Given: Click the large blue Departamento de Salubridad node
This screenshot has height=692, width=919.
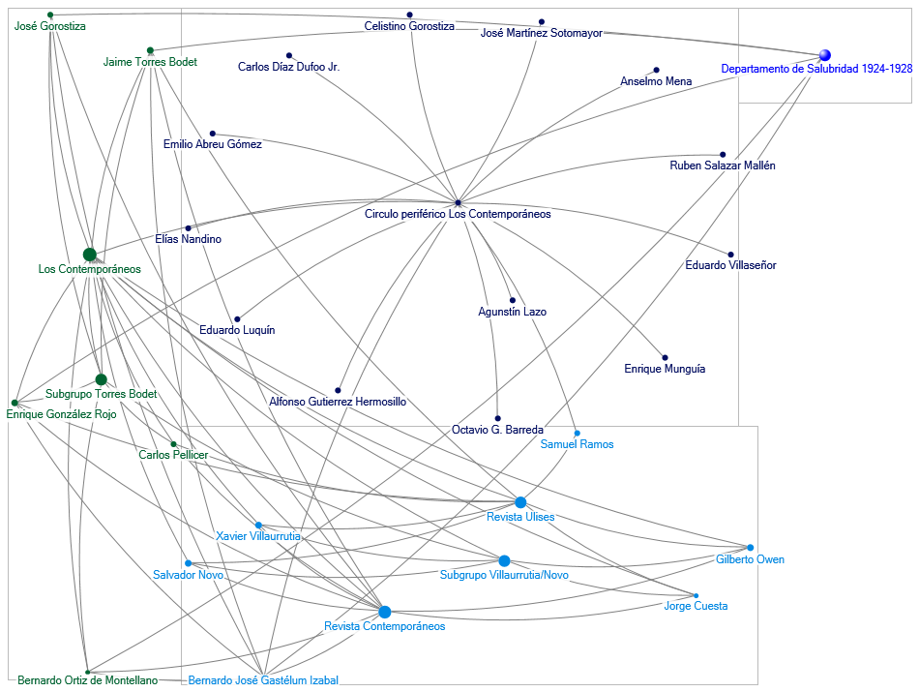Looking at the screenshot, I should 824,55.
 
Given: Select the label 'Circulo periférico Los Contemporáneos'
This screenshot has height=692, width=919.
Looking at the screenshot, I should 458,214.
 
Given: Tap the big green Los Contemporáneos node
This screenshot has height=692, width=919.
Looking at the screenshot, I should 90,255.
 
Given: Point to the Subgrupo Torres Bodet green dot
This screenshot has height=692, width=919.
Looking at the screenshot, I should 101,379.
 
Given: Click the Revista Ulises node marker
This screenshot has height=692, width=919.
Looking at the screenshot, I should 520,502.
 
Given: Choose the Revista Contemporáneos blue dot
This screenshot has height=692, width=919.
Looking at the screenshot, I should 385,612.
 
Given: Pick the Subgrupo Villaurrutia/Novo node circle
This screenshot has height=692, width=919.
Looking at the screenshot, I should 504,560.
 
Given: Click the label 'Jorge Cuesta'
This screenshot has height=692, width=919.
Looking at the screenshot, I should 696,606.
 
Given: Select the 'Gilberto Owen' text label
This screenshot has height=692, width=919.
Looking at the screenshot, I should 750,559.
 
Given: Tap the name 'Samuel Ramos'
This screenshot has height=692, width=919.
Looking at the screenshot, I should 577,444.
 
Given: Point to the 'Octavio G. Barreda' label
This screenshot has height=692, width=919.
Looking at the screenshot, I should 497,429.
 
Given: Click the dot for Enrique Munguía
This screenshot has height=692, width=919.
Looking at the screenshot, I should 665,358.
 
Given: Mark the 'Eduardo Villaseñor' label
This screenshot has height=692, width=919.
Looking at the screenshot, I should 730,265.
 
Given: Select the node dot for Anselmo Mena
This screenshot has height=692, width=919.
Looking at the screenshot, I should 656,71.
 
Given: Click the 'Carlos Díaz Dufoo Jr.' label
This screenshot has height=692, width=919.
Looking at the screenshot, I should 288,67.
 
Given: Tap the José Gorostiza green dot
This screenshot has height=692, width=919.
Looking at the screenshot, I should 50,15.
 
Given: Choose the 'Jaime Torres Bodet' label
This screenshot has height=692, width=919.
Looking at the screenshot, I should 150,62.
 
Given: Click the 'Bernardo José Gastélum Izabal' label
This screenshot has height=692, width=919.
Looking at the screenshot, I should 263,680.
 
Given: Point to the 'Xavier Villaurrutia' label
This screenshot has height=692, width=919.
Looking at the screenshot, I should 258,535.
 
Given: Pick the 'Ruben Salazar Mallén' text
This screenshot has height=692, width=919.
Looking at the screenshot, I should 722,165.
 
